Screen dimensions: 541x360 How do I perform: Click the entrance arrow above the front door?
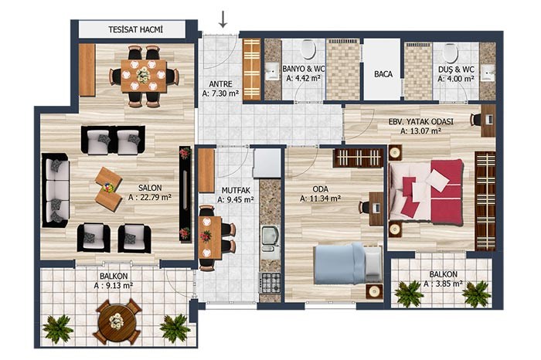coord(223,19)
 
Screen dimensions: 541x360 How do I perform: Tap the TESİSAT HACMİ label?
coord(135,29)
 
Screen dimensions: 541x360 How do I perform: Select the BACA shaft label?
coord(383,74)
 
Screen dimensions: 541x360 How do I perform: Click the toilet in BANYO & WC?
coord(308,49)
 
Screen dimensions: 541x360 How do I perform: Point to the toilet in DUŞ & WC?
coord(451,52)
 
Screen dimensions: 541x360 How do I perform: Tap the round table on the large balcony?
coord(116,321)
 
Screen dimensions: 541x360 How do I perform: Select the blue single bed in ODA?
coord(348,263)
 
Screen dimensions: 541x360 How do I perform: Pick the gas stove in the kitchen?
coord(270,283)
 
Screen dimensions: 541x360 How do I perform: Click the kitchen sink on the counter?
coord(270,238)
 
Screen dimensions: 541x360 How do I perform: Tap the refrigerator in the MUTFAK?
coord(267,163)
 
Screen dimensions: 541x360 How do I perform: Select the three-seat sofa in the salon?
coord(55,190)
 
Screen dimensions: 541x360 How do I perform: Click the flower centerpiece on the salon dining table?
coord(142,75)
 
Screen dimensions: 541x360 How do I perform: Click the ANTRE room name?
coord(220,84)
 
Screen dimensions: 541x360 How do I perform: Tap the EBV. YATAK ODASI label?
coord(421,122)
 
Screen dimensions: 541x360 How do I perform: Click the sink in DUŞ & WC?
coord(488,73)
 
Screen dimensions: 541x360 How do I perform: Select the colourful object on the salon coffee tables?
coord(109,187)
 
